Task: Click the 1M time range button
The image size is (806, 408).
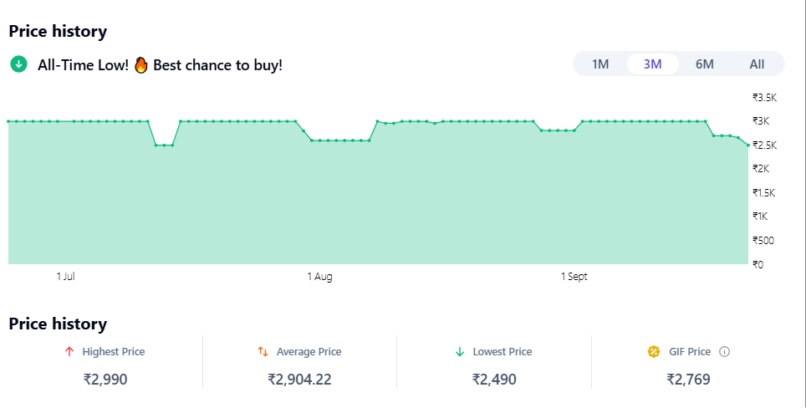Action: coord(600,64)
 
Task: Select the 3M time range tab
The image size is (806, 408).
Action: coord(652,64)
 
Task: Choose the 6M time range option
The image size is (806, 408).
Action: coord(704,64)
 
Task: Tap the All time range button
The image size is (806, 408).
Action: coord(757,64)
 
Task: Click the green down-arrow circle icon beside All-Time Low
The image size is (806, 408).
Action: coord(18,64)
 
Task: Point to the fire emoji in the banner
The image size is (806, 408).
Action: coord(140,64)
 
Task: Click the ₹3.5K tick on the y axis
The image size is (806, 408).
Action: coord(764,97)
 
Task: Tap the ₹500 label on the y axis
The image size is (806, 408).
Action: coord(763,241)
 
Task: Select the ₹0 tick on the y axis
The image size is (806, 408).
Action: coord(758,265)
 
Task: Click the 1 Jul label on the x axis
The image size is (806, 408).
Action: coord(66,277)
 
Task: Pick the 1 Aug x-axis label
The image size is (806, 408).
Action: coord(319,277)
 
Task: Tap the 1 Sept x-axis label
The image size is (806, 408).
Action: coord(574,277)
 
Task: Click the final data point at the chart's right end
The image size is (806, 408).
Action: coord(748,145)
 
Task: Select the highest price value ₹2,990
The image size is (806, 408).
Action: coord(105,380)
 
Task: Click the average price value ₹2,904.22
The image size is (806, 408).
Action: coord(299,380)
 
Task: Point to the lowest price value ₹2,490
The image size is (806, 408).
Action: coord(494,380)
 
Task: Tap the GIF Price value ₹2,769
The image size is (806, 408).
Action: coord(688,380)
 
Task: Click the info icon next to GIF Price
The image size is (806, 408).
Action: coord(724,352)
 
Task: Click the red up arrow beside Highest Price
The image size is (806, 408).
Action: coord(69,352)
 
